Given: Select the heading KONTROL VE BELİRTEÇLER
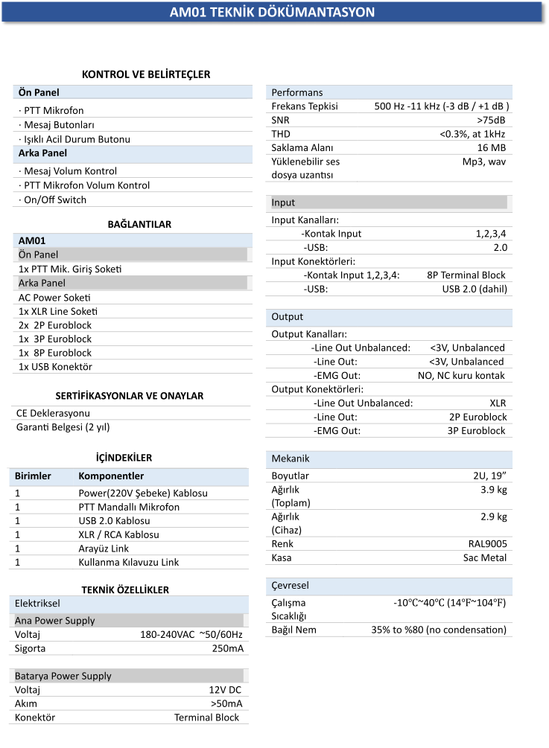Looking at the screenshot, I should click(x=145, y=74).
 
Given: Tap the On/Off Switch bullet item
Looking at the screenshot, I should click(x=52, y=199).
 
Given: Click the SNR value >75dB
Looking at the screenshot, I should click(x=491, y=121).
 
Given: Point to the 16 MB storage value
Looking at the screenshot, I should click(x=489, y=147).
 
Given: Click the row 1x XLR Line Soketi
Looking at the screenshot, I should click(x=58, y=311).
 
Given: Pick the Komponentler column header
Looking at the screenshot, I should click(x=111, y=476).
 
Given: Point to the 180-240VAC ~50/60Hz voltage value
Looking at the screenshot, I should click(x=191, y=635).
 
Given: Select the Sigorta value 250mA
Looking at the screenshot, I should click(x=227, y=648).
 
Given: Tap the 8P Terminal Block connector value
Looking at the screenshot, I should click(x=466, y=275).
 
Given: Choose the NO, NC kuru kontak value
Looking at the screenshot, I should click(x=461, y=375).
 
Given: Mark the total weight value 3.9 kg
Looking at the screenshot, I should click(x=493, y=490).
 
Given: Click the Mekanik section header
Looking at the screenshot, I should click(x=291, y=458).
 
